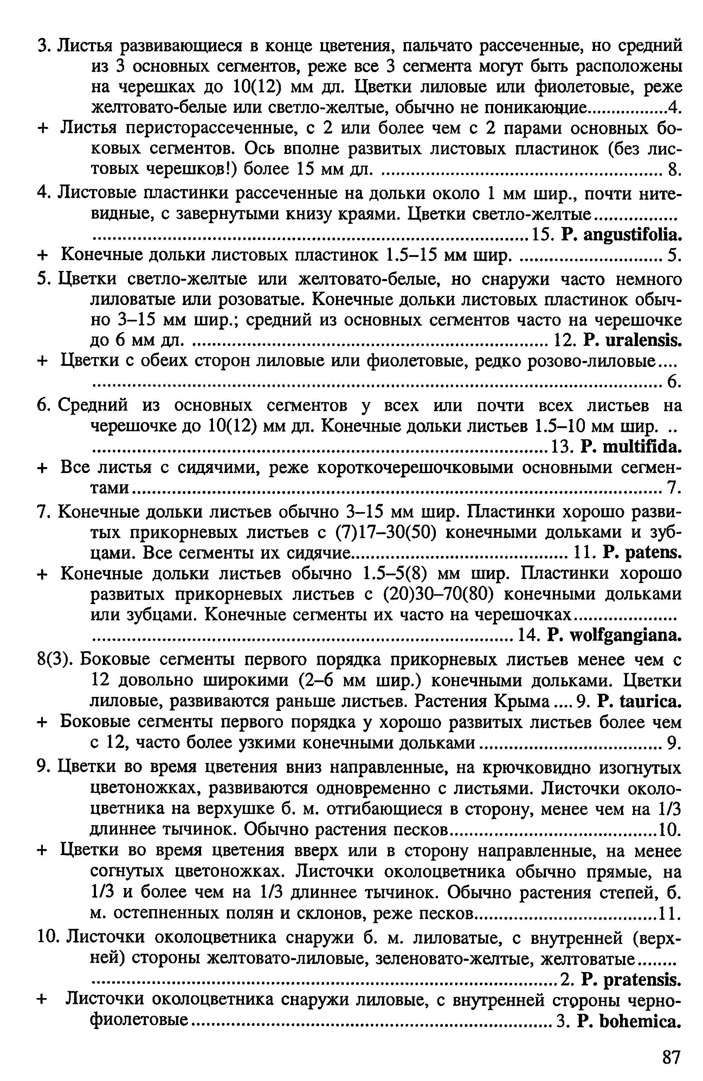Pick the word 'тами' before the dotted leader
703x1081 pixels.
(x=110, y=488)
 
